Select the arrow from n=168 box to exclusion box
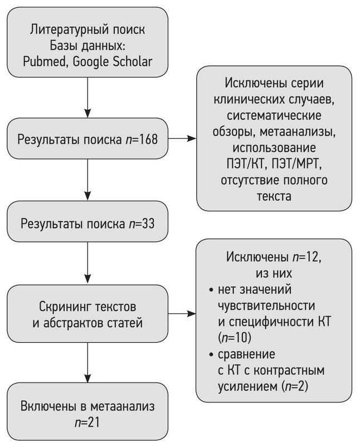coord(183,137)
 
